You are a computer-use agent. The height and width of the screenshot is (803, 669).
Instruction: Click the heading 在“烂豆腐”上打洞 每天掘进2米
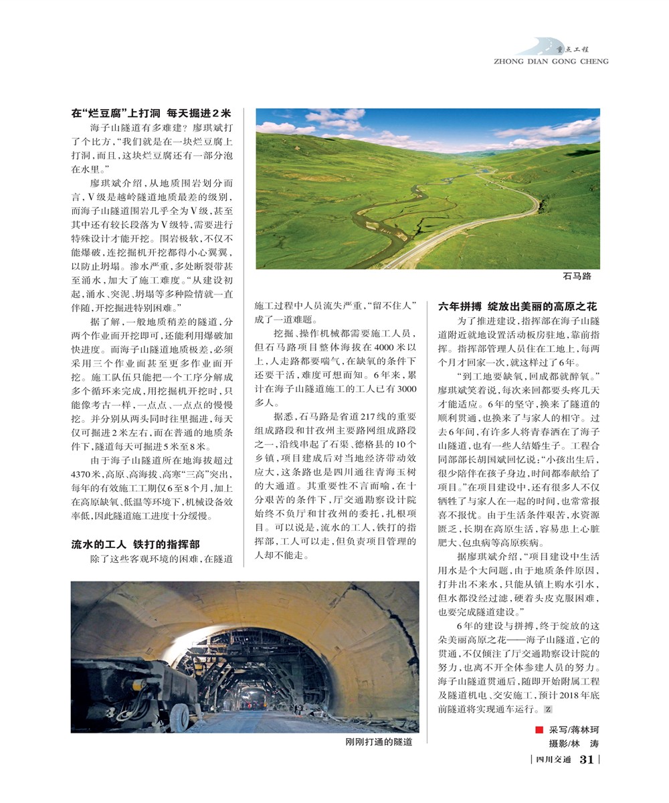[151, 114]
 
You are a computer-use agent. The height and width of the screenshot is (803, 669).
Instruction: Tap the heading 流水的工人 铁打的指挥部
[135, 544]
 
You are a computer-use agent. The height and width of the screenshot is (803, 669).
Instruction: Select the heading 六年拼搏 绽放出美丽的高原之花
[516, 306]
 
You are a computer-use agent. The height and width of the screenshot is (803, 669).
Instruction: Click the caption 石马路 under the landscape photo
[577, 276]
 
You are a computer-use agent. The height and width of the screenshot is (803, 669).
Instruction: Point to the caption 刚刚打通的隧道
[379, 742]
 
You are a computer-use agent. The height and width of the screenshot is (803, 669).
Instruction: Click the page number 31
[587, 760]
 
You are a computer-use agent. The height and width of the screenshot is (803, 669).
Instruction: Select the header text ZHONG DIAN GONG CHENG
[551, 62]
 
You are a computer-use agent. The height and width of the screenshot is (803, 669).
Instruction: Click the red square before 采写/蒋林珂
[539, 729]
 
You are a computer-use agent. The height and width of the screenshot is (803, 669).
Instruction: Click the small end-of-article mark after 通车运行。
[548, 710]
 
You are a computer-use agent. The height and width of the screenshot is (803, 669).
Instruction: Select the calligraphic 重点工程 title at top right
[577, 48]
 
